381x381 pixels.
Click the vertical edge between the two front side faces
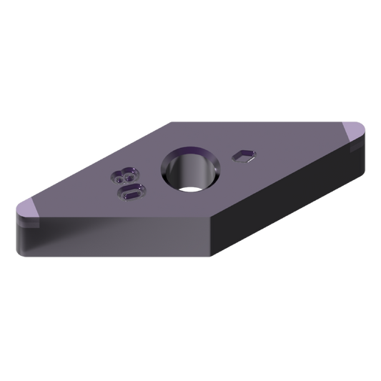tap(211, 239)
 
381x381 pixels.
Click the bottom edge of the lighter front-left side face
tap(114, 255)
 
